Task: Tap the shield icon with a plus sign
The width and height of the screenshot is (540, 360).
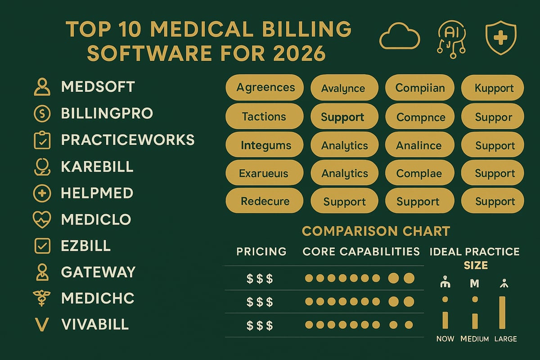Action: click(501, 39)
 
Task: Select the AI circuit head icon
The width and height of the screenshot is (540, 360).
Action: click(450, 39)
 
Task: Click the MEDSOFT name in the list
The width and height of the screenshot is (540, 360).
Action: click(98, 87)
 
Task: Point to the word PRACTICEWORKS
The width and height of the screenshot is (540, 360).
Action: click(127, 140)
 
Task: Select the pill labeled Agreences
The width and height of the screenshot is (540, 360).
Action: click(265, 87)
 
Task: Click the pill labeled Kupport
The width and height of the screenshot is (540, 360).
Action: click(493, 88)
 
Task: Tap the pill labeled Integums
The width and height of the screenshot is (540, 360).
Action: click(265, 145)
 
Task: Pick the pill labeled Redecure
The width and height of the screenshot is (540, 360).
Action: click(265, 202)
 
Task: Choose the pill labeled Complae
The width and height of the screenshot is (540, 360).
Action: click(418, 173)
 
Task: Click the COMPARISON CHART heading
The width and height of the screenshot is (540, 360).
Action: click(376, 231)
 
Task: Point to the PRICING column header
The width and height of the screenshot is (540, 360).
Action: click(261, 251)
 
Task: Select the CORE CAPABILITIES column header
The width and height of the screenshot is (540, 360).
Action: click(361, 251)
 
